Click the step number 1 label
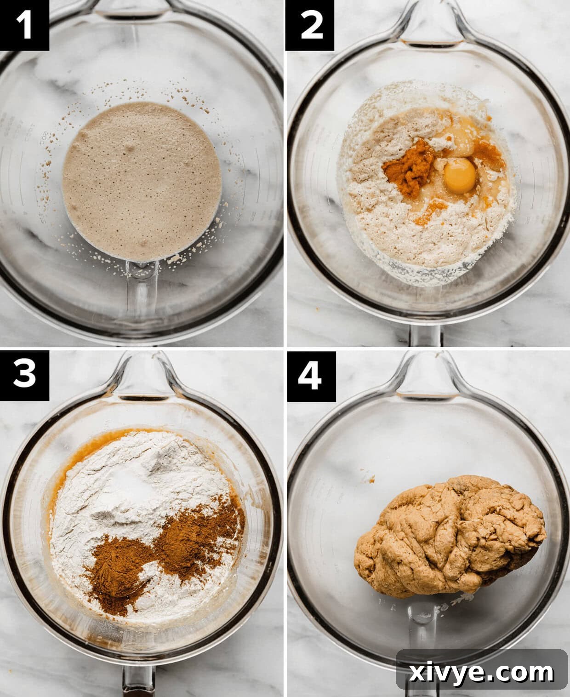click(x=24, y=25)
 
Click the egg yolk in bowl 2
click(x=460, y=176)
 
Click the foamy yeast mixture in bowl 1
click(x=142, y=182)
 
